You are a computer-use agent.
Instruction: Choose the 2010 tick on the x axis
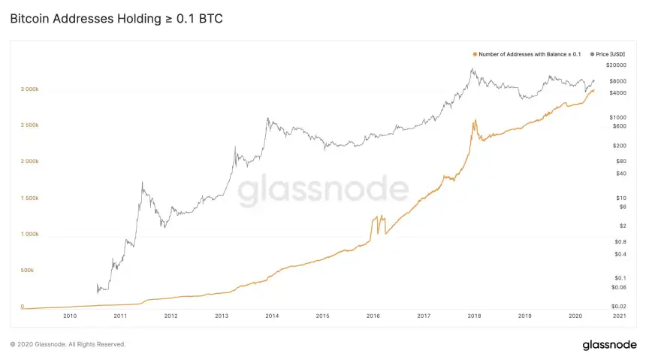pos(70,316)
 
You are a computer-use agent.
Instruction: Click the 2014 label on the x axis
pos(272,316)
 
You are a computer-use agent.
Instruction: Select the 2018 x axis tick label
pos(474,316)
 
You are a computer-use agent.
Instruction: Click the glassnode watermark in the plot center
pos(323,192)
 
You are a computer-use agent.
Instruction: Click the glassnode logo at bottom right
pos(608,344)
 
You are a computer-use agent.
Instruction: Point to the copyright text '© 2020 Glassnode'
pos(68,344)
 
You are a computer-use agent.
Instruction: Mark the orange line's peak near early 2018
pos(474,119)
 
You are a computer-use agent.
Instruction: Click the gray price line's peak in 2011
pos(142,182)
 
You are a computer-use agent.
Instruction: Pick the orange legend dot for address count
pos(475,54)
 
